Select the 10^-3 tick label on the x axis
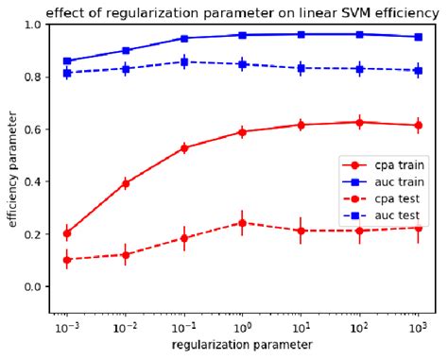coord(65,326)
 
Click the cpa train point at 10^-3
coord(66,232)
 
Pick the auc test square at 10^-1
coord(184,61)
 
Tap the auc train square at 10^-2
coord(126,51)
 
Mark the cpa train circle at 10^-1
coord(184,147)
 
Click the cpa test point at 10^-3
coord(66,259)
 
